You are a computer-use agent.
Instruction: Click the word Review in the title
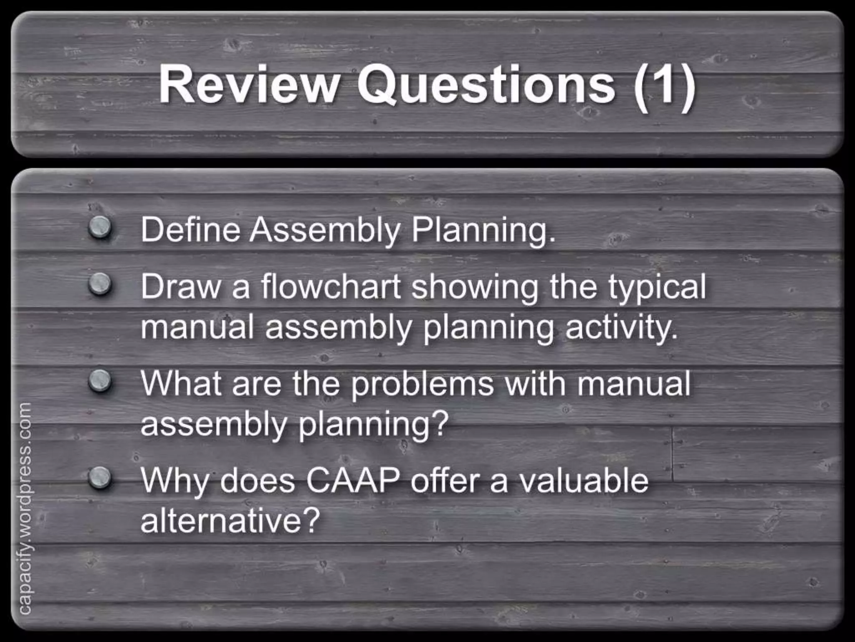pos(249,85)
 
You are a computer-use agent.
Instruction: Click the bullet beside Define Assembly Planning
pos(100,228)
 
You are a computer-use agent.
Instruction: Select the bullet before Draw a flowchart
pos(100,284)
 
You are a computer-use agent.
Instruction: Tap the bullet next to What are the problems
pos(100,381)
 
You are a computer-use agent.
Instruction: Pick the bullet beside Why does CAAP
pos(100,478)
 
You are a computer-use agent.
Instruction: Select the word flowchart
pos(331,287)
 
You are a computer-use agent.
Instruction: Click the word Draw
pos(180,287)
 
